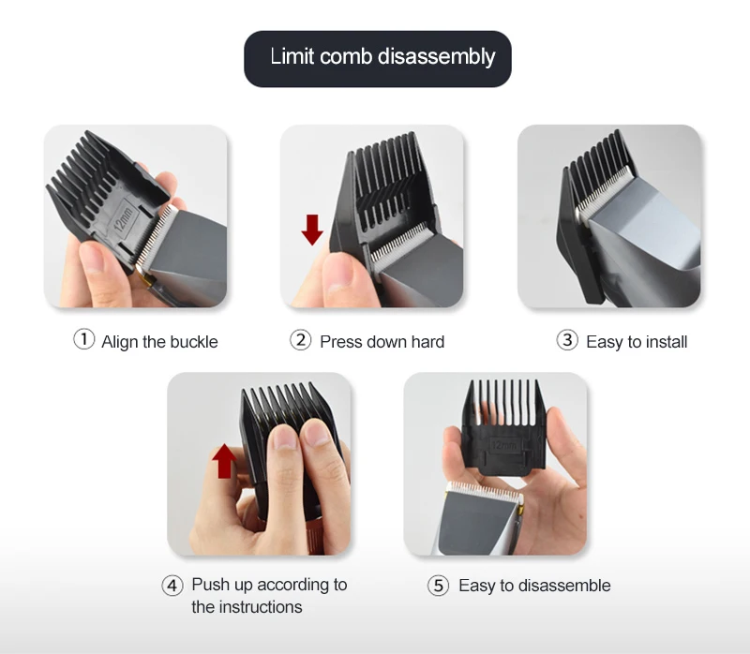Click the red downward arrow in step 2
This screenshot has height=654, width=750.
(x=312, y=230)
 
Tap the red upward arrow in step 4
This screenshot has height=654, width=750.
(x=224, y=461)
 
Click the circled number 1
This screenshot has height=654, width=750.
(x=83, y=339)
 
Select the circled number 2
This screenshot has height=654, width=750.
(x=300, y=340)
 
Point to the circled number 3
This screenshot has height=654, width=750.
(x=567, y=340)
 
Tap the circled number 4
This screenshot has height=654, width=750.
(x=172, y=586)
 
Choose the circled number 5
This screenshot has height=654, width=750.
(x=438, y=586)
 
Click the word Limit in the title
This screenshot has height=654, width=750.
(x=292, y=56)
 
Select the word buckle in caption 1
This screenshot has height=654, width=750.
(x=194, y=342)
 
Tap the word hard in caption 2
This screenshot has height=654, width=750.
(x=427, y=342)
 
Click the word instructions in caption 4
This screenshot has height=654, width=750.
(x=261, y=606)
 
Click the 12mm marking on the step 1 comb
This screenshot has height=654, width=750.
(x=124, y=219)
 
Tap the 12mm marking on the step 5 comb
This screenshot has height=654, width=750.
(x=504, y=446)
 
